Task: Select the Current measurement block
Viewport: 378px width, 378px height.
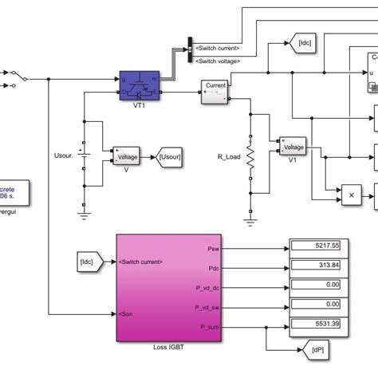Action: pos(216,90)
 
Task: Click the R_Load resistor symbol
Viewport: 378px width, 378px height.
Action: pos(250,160)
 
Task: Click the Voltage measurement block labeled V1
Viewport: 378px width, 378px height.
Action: pos(292,148)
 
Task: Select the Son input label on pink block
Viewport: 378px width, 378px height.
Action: pos(126,314)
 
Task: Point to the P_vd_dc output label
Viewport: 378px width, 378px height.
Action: pos(208,285)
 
